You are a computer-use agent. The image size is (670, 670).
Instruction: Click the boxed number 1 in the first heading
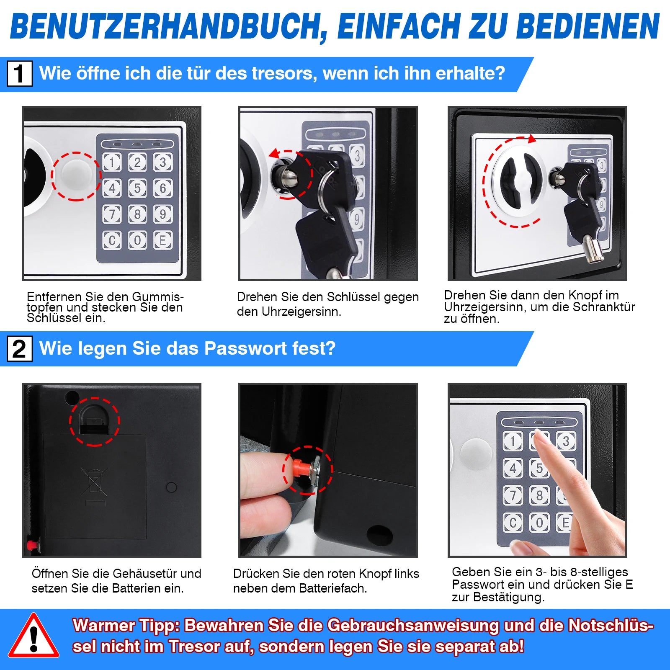pos(19,74)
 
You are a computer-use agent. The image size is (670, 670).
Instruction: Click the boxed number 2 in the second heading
pos(19,349)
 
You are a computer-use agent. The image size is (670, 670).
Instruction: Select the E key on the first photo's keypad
pos(163,240)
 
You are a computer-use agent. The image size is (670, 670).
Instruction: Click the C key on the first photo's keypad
pos(112,240)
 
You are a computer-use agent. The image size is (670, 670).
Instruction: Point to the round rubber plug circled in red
pos(76,176)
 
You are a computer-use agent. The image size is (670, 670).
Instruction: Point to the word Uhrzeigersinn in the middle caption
pos(301,312)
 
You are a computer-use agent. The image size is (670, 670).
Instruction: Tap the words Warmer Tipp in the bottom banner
pos(126,626)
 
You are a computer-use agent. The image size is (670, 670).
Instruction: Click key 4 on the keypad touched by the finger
pos(513,467)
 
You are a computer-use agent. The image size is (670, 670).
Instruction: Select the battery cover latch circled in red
pos(94,421)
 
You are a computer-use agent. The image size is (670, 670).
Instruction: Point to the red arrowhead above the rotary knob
pos(532,139)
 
